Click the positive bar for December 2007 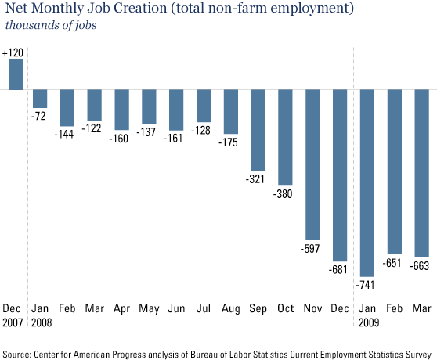click(x=16, y=74)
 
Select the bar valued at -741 click(x=367, y=183)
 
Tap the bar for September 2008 click(x=258, y=130)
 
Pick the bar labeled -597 click(x=312, y=165)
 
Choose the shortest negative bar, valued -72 click(x=40, y=99)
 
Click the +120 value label click(x=13, y=52)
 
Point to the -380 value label click(x=283, y=194)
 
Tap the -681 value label click(x=338, y=269)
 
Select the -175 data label click(x=228, y=142)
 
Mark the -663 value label click(x=420, y=265)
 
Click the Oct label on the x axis click(x=286, y=308)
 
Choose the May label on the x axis click(x=149, y=309)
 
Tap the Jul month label click(x=204, y=308)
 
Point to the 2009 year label click(x=369, y=322)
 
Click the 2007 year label click(x=13, y=322)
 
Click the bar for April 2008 click(x=122, y=110)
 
